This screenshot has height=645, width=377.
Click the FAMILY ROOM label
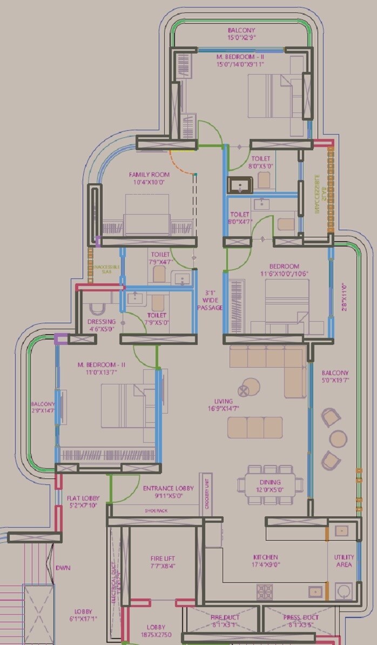(x=149, y=175)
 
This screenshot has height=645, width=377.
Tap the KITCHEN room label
(x=266, y=557)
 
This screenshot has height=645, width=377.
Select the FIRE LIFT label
(x=163, y=558)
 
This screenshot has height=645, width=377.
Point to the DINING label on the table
(x=270, y=482)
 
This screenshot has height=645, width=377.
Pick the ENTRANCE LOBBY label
(x=167, y=488)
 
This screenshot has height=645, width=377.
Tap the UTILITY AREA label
(x=344, y=561)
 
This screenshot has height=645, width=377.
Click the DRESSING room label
(x=102, y=322)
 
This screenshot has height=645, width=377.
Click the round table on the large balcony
(x=339, y=438)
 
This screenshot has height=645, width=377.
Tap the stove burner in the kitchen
(x=264, y=590)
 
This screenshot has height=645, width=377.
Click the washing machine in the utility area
(x=344, y=590)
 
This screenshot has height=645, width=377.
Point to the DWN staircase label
(x=63, y=568)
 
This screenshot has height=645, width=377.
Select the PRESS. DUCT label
(x=301, y=617)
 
